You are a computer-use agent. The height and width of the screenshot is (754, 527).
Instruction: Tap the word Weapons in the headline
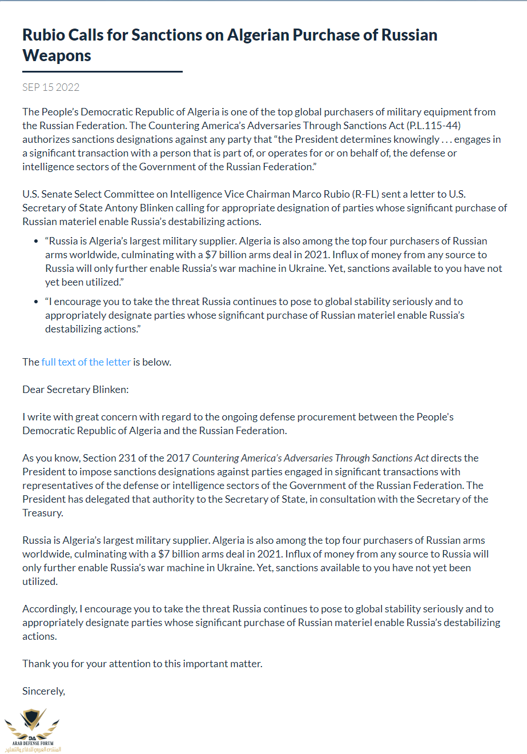(57, 55)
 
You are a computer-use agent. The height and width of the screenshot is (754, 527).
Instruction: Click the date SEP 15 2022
(51, 87)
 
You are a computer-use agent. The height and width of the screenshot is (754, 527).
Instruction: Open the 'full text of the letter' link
(86, 362)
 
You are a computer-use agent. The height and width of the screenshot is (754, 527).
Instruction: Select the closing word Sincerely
(43, 691)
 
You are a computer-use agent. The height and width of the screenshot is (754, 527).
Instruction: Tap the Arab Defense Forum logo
(33, 730)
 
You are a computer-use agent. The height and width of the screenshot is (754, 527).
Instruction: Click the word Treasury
(42, 513)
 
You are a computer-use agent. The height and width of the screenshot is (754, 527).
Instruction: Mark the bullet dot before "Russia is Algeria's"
(37, 242)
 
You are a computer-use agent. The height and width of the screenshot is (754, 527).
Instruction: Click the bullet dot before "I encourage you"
(37, 302)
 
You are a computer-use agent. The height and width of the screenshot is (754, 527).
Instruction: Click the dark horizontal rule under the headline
(102, 72)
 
